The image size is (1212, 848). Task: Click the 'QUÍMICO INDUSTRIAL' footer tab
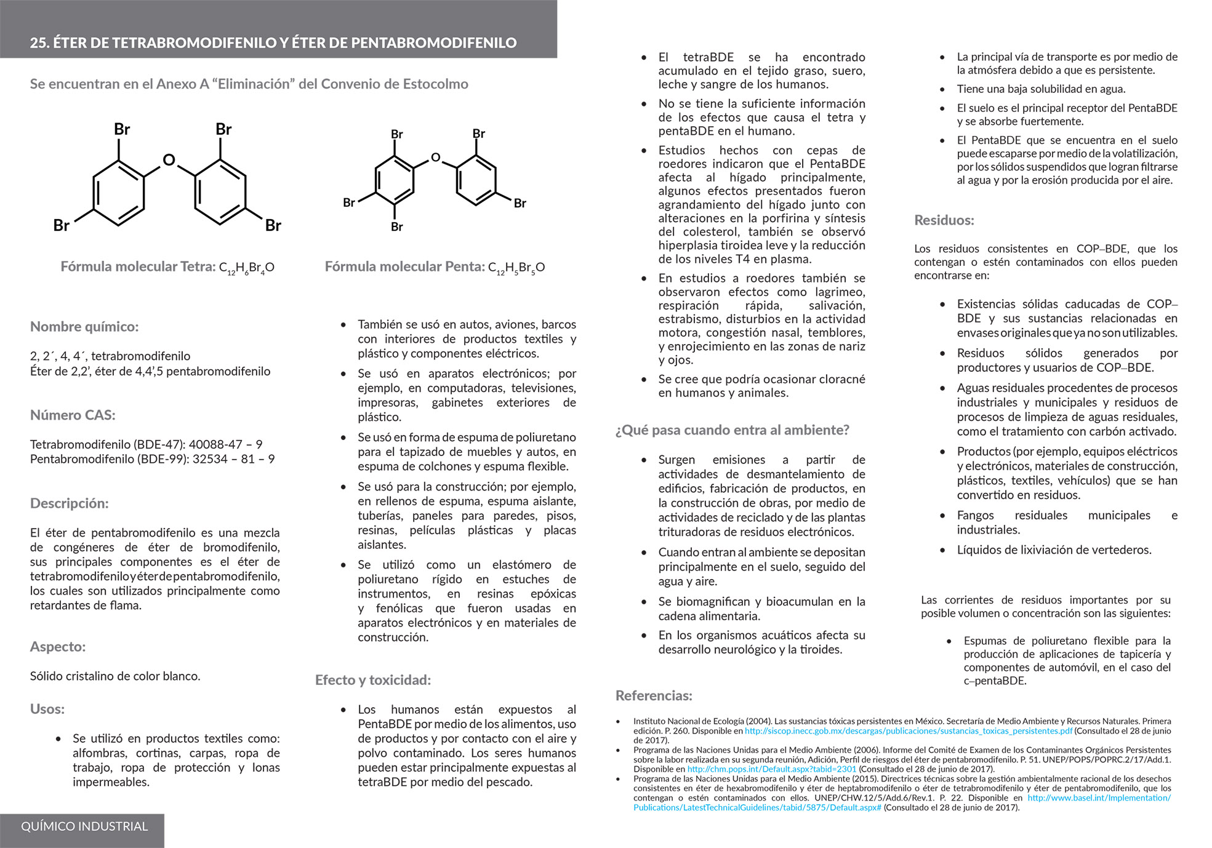[x=84, y=826]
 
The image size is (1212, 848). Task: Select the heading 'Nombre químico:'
[x=84, y=327]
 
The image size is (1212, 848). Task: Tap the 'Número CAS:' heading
[x=73, y=415]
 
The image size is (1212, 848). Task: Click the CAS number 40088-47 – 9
[x=225, y=444]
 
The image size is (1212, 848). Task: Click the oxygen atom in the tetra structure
[x=169, y=161]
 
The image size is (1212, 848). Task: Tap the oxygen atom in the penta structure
[x=436, y=158]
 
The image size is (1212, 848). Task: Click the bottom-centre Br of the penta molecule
[x=397, y=227]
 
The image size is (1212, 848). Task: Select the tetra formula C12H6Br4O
[x=247, y=268]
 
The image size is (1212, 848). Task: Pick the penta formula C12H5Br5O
[x=516, y=268]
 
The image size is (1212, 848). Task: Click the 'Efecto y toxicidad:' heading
[x=373, y=680]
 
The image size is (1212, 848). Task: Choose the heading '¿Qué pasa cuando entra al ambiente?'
[x=732, y=430]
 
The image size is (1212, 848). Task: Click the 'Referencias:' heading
[x=654, y=696]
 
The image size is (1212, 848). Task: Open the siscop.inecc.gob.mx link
[x=909, y=731]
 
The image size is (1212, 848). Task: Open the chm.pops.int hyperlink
[x=771, y=769]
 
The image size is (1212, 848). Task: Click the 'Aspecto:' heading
[x=58, y=647]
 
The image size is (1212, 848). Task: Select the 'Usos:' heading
[x=47, y=709]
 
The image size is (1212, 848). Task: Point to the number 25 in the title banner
[x=39, y=43]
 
